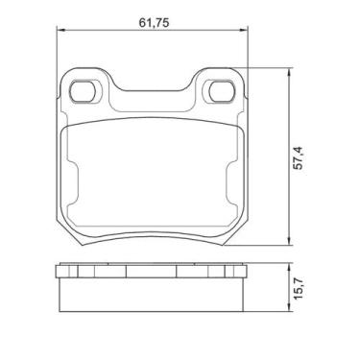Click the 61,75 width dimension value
tap(154, 23)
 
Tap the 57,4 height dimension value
tap(299, 157)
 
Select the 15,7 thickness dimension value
tap(299, 288)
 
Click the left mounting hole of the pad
tap(83, 91)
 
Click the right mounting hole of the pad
tap(222, 91)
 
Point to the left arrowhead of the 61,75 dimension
tap(60, 30)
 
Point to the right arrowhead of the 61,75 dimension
tap(244, 30)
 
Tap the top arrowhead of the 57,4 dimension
tap(289, 72)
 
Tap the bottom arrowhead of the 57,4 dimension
tap(289, 241)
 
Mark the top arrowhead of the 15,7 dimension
tap(289, 267)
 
